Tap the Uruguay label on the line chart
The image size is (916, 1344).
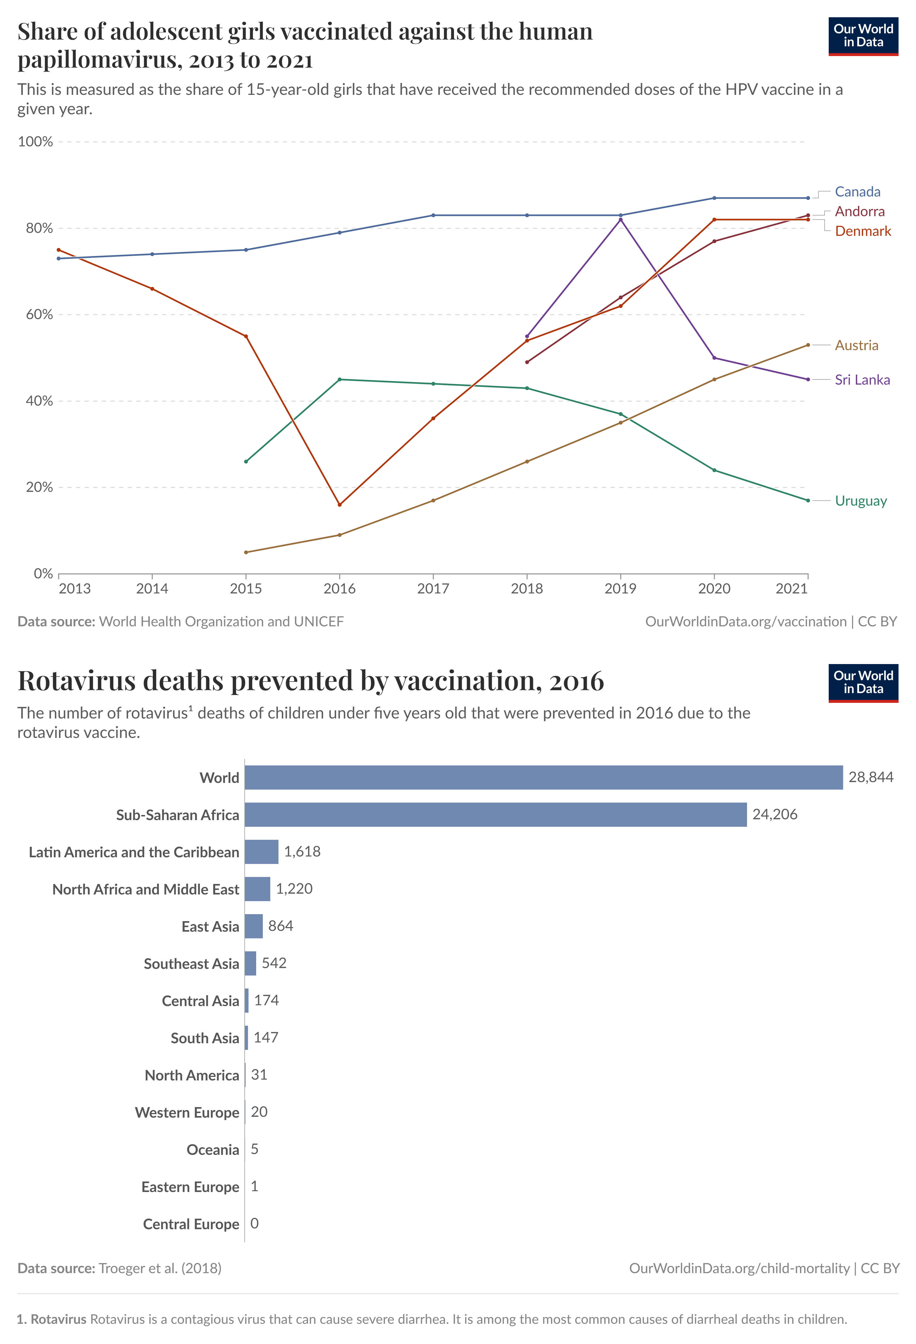coord(861,501)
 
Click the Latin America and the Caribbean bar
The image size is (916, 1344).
coord(261,852)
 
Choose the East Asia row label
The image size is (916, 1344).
coord(210,927)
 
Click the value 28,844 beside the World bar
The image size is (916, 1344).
coord(870,777)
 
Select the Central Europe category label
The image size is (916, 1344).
coord(191,1224)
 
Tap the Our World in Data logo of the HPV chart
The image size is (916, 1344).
coord(863,36)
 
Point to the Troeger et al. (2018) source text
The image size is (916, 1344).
coord(160,1268)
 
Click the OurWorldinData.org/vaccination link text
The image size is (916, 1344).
coord(745,622)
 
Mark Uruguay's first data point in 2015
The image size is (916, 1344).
coord(246,461)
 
